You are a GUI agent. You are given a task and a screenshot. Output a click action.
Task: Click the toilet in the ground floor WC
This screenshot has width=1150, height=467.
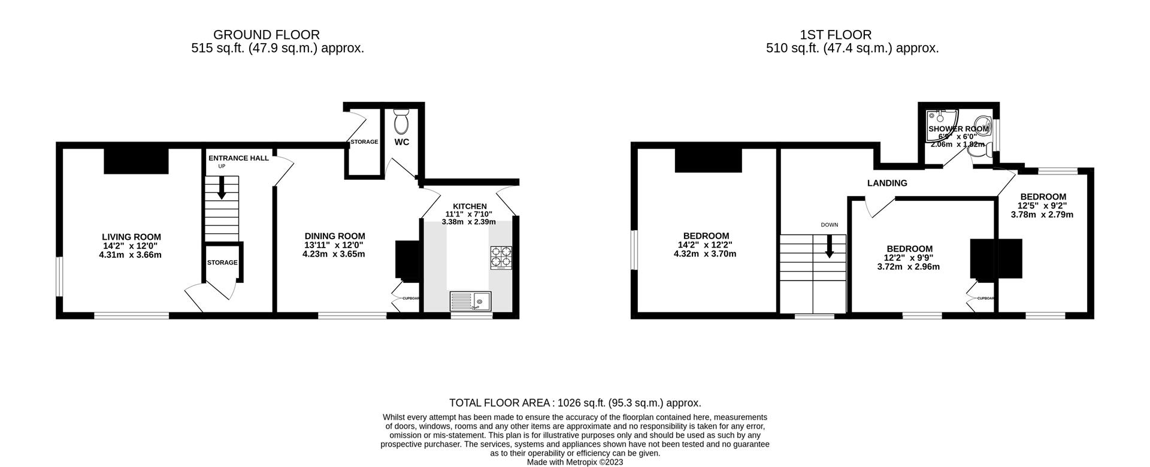(x=401, y=122)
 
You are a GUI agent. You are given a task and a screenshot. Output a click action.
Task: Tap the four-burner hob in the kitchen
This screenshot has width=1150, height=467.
(x=501, y=257)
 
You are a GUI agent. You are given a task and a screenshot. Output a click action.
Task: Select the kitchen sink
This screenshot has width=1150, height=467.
(x=470, y=300)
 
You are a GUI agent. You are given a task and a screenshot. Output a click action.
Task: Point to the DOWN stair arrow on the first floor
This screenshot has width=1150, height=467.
(x=830, y=246)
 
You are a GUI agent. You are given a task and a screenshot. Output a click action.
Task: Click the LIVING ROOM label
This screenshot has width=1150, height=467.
(x=131, y=237)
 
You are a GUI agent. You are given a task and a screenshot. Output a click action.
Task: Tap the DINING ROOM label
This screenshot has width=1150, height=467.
(x=334, y=236)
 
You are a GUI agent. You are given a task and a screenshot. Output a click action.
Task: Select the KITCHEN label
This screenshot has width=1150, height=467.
(x=470, y=206)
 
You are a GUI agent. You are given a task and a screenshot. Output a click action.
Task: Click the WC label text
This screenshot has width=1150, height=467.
(x=402, y=142)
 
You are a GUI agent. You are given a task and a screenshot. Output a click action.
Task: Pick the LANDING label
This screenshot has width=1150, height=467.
(x=887, y=183)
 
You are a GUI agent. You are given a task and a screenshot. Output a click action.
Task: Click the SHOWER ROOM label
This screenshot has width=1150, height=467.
(x=958, y=129)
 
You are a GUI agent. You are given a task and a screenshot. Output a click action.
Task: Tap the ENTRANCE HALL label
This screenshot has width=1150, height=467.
(x=238, y=158)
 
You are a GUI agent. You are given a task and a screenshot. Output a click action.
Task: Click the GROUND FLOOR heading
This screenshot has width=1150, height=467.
(x=266, y=35)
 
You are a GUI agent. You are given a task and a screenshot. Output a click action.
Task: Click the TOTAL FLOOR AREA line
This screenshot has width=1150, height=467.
(x=575, y=403)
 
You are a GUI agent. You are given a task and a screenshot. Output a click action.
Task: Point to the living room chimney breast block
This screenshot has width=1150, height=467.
(x=136, y=161)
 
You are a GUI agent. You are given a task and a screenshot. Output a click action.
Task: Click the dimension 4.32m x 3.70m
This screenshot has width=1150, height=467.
(x=706, y=254)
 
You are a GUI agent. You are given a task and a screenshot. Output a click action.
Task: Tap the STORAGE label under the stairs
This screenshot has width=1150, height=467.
(x=222, y=263)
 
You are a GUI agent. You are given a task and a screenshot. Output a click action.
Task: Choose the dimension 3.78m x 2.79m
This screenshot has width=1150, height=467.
(x=1043, y=215)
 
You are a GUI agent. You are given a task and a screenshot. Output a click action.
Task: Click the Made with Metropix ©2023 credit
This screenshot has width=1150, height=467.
(x=575, y=462)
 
